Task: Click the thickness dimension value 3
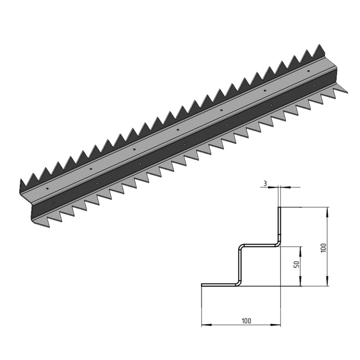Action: (x=265, y=183)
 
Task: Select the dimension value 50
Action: (x=296, y=265)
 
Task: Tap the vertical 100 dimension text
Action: (x=323, y=247)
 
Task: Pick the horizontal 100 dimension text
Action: (x=246, y=320)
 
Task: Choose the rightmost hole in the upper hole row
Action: (x=308, y=71)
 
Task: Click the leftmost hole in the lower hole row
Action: (x=54, y=203)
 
